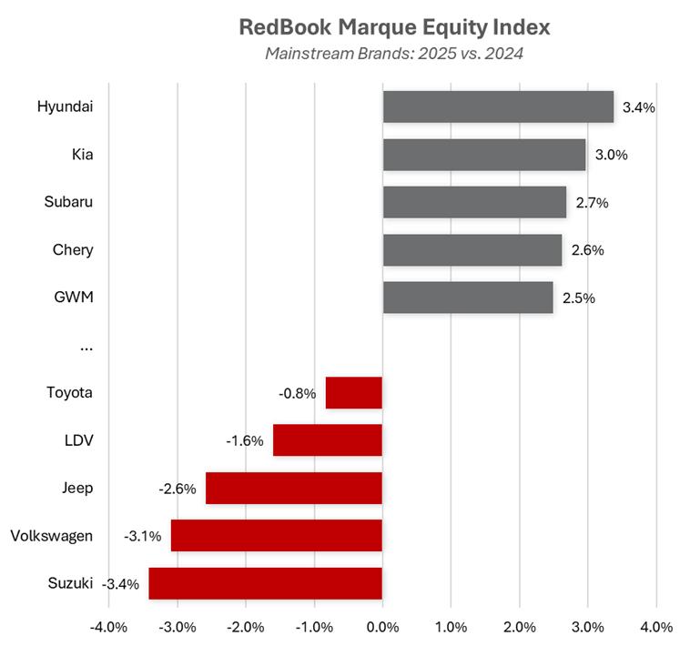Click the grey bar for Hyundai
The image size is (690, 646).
pos(498,106)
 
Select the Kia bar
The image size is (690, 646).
pos(484,155)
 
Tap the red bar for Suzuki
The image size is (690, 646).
pos(265,583)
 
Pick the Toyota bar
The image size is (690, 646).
pos(354,393)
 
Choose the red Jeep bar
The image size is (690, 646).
pos(294,488)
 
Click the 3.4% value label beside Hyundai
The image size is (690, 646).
pos(639,107)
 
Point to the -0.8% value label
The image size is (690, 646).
pos(298,394)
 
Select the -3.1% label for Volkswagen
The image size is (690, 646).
pos(143,536)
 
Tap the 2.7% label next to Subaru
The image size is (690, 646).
pos(592,203)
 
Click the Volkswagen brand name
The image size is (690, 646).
pos(52,535)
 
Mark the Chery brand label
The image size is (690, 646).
pos(74,249)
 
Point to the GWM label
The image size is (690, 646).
pos(74,297)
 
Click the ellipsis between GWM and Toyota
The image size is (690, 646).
pos(86,347)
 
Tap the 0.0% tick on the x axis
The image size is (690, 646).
pos(382,627)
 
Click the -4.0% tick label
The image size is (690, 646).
pos(109,627)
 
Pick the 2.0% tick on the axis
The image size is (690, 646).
pos(519,627)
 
